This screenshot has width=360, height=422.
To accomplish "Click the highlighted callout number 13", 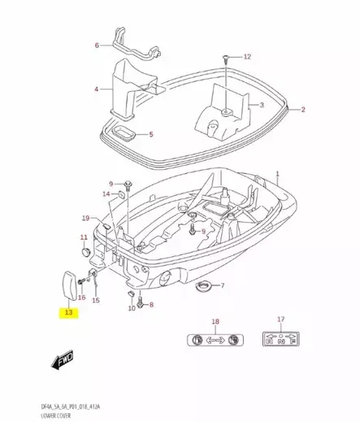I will pyautogui.click(x=68, y=312).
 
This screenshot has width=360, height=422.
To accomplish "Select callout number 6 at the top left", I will pyautogui.click(x=97, y=45).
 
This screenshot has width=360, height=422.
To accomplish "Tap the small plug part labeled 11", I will pyautogui.click(x=83, y=250).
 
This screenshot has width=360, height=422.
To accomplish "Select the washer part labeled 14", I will pyautogui.click(x=120, y=196).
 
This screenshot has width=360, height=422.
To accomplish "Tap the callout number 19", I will pyautogui.click(x=85, y=219).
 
